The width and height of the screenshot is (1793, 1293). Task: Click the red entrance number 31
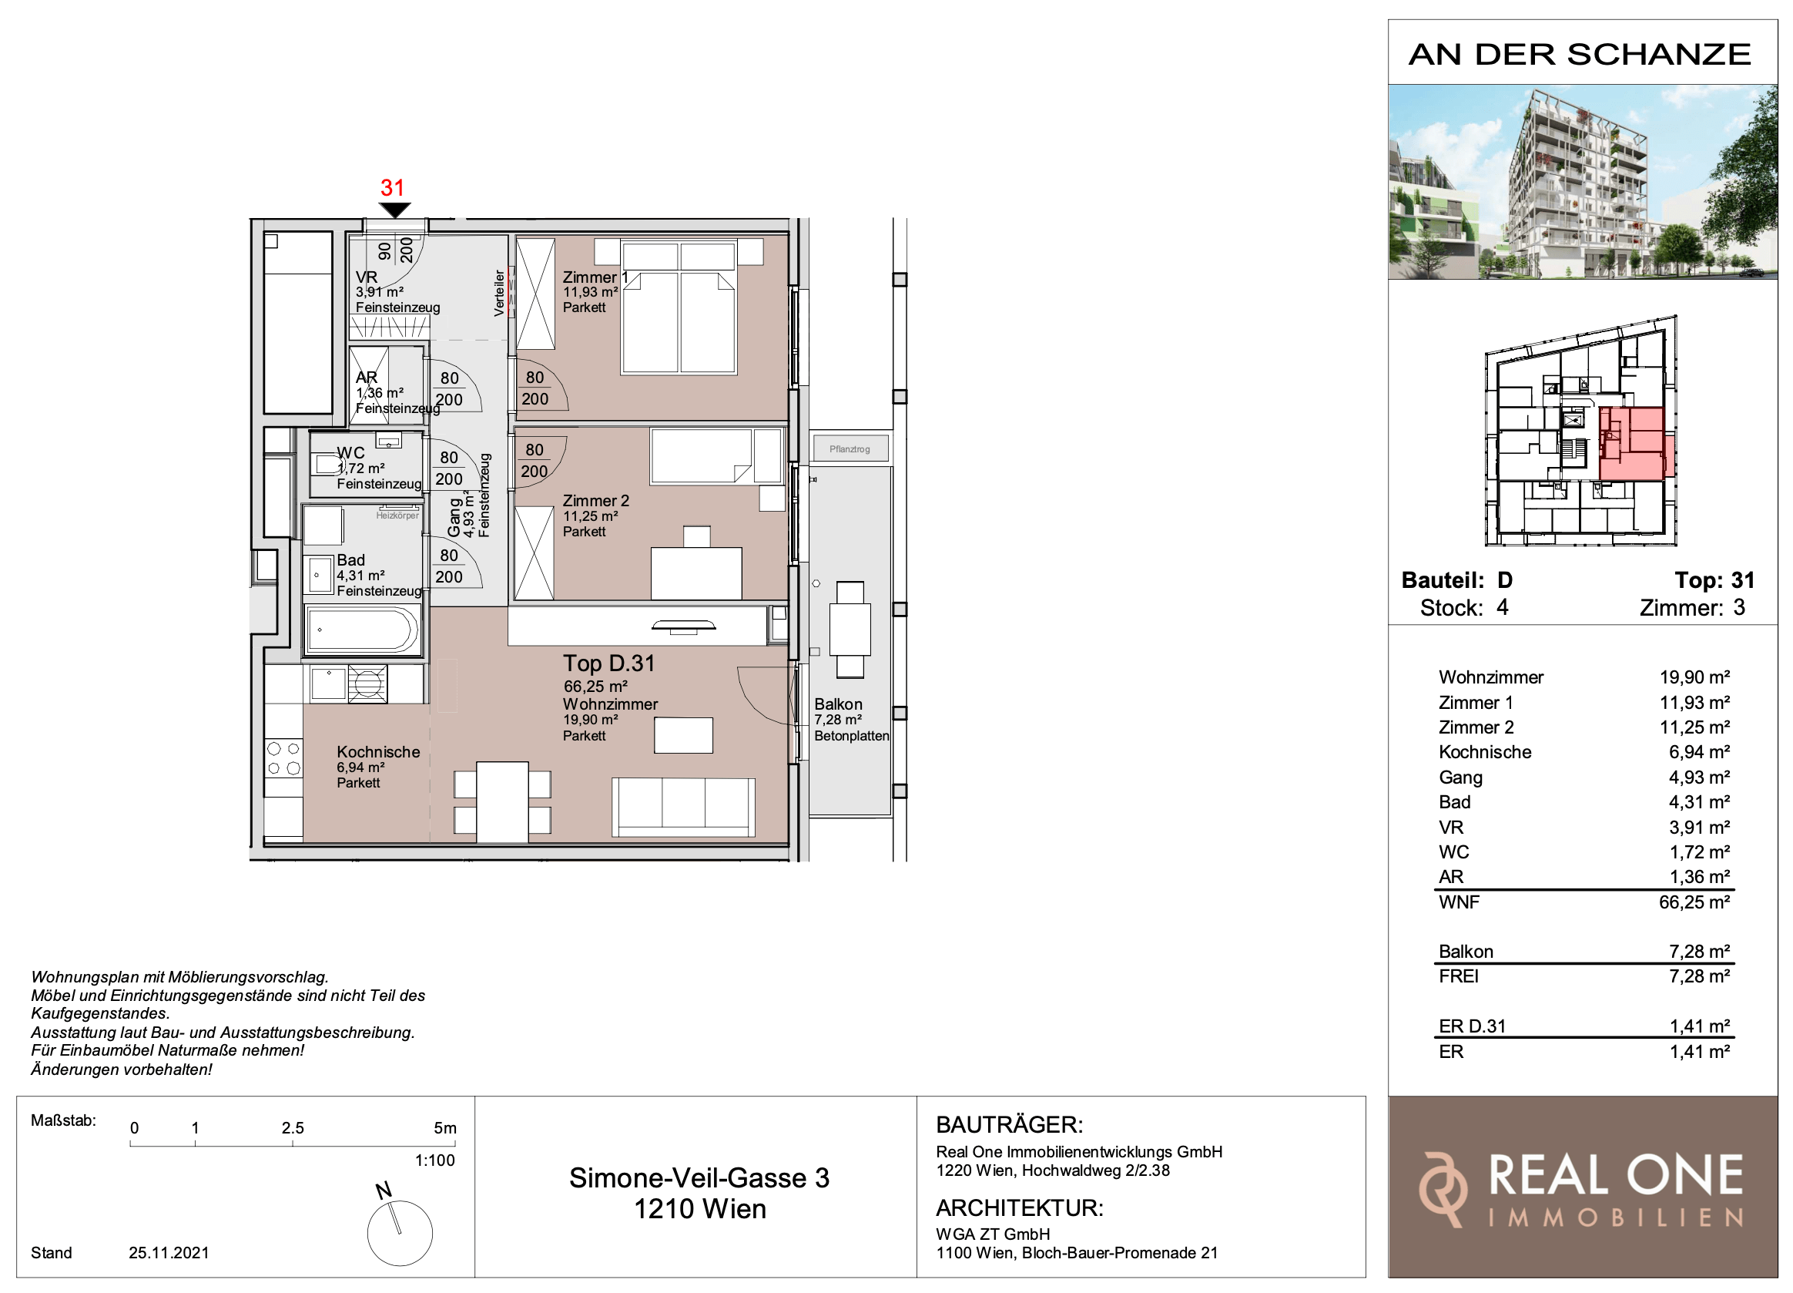[392, 187]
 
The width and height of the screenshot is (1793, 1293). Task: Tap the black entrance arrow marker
[394, 210]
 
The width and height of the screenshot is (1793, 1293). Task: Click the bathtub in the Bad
[362, 630]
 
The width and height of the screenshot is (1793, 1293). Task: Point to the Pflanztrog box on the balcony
[849, 448]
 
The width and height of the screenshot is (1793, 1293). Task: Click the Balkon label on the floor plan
[838, 704]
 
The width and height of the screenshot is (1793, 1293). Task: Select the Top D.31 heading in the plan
[608, 663]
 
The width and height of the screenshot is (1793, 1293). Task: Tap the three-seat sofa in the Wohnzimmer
[684, 807]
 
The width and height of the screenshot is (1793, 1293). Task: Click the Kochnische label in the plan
[378, 752]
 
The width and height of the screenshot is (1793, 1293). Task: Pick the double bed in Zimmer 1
[679, 307]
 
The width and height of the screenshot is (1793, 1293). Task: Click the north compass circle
[400, 1233]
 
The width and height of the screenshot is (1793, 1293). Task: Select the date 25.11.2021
[169, 1253]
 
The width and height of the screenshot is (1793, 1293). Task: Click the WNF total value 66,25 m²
[1694, 902]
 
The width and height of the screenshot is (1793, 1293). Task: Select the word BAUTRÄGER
[1009, 1124]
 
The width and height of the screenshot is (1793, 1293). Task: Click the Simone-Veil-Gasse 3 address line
[699, 1178]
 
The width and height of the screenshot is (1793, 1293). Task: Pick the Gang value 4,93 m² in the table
[1699, 777]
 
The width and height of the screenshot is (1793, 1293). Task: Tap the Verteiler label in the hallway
[499, 293]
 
